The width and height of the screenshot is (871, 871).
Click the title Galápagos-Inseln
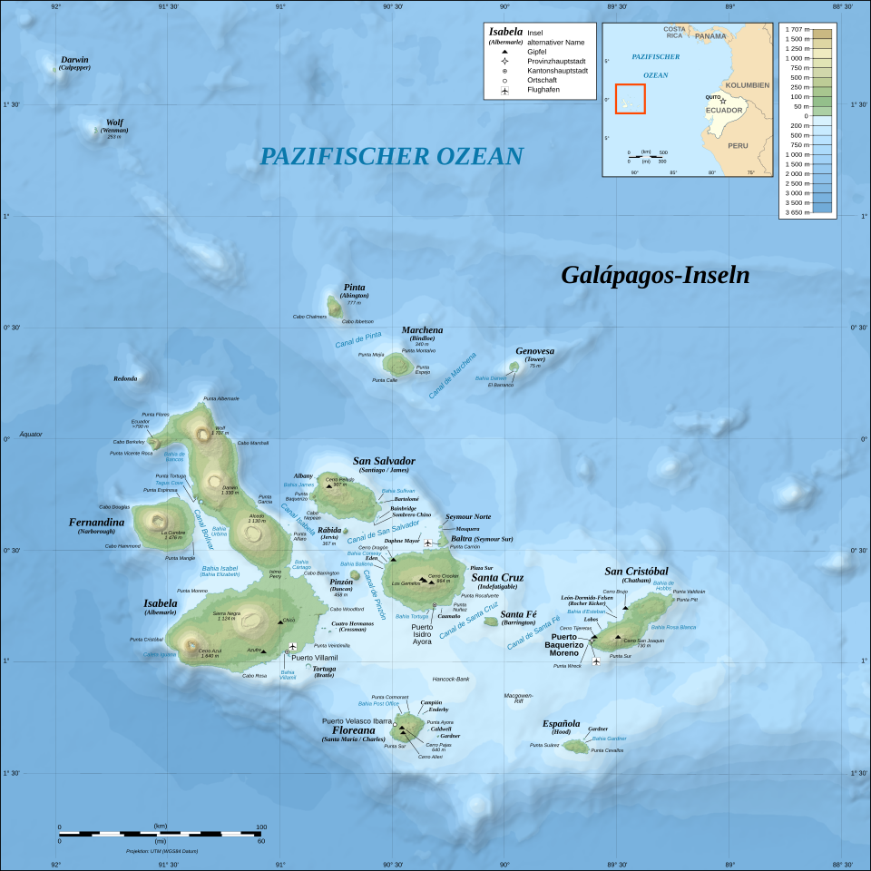[655, 275]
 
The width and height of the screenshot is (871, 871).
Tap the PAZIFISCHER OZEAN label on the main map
[391, 156]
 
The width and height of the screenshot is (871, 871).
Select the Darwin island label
[75, 60]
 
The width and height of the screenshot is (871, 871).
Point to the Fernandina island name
[96, 523]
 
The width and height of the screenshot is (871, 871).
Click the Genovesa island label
[534, 351]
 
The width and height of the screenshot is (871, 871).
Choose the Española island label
[562, 723]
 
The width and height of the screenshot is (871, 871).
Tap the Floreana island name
[353, 729]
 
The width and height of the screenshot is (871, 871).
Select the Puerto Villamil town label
[314, 658]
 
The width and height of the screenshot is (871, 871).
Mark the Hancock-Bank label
[451, 679]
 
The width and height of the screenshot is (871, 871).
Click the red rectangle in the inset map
[630, 99]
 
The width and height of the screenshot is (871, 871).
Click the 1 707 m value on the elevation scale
[798, 30]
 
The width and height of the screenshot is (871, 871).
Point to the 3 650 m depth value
[798, 212]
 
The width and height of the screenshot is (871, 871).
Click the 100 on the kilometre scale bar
[261, 827]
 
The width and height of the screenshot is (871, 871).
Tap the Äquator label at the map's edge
[31, 434]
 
